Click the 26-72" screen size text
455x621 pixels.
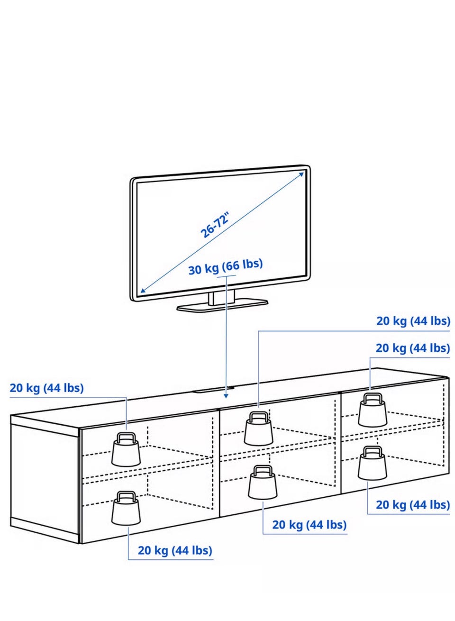point(215,225)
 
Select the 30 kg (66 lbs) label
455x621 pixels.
point(226,266)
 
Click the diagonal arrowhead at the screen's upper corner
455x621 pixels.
point(301,174)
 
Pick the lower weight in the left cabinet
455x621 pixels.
point(126,509)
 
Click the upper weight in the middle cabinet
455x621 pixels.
point(258,429)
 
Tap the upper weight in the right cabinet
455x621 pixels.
point(373,410)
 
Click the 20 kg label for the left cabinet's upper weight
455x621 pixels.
point(46,388)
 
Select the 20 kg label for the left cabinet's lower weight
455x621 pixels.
point(175,550)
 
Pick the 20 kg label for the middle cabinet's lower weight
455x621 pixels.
point(309,525)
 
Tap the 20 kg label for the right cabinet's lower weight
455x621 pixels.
point(413,505)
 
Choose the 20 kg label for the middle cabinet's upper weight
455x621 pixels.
point(413,321)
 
